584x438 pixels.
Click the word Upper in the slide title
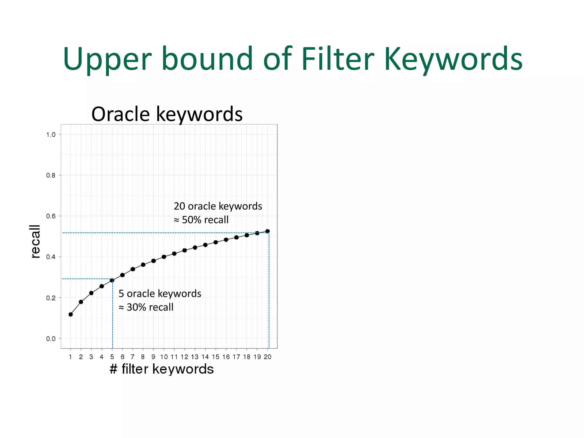coord(107,59)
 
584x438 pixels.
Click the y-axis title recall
coord(35,241)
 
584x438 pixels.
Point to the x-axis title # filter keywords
coord(161,369)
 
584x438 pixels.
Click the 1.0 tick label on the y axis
coord(51,135)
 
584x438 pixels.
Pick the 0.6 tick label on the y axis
coord(51,216)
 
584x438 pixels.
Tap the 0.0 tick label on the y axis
coord(51,339)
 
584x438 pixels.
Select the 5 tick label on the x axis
coord(112,357)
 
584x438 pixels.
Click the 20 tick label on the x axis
coord(267,357)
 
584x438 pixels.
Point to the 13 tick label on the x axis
coord(195,357)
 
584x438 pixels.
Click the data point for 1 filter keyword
coord(71,315)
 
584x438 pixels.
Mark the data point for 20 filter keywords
coord(267,231)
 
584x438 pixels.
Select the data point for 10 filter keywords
coord(164,257)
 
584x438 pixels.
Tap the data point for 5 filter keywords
coord(112,281)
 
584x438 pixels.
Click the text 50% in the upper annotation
coord(191,220)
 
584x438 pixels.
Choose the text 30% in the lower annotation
coord(136,307)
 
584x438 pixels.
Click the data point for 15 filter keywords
coord(216,242)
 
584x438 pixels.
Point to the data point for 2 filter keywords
coord(81,302)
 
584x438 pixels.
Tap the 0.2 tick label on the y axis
coord(51,298)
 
